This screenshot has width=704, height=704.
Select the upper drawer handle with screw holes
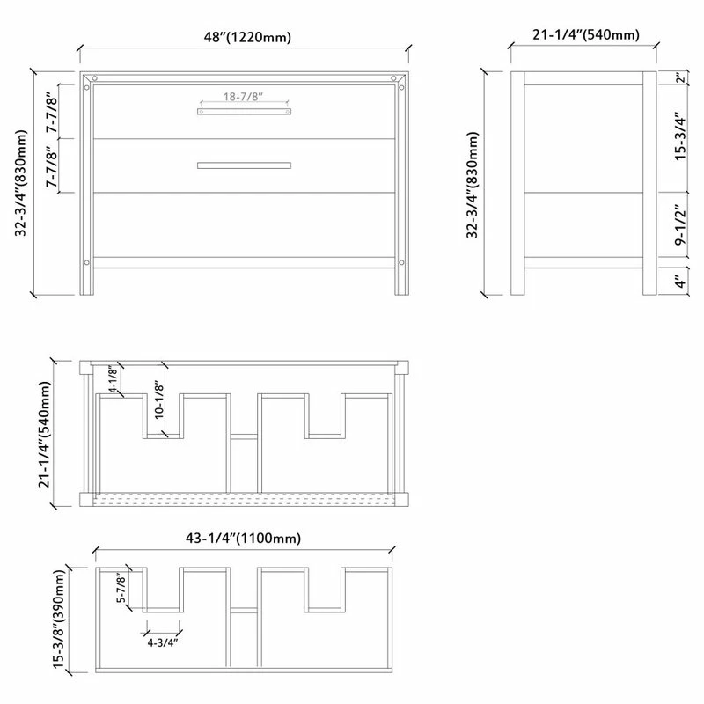click(244, 111)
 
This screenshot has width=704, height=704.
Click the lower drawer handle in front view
click(244, 165)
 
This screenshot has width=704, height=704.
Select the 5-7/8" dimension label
click(123, 588)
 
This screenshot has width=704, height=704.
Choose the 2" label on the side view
click(679, 77)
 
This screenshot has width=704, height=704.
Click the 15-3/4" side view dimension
click(679, 137)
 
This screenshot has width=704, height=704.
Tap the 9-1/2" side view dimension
click(679, 227)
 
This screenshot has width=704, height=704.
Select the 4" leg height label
click(679, 282)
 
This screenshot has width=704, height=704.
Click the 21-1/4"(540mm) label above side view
click(586, 35)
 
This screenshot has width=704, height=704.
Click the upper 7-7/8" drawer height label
click(52, 111)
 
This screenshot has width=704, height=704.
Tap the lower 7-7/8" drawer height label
click(52, 166)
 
